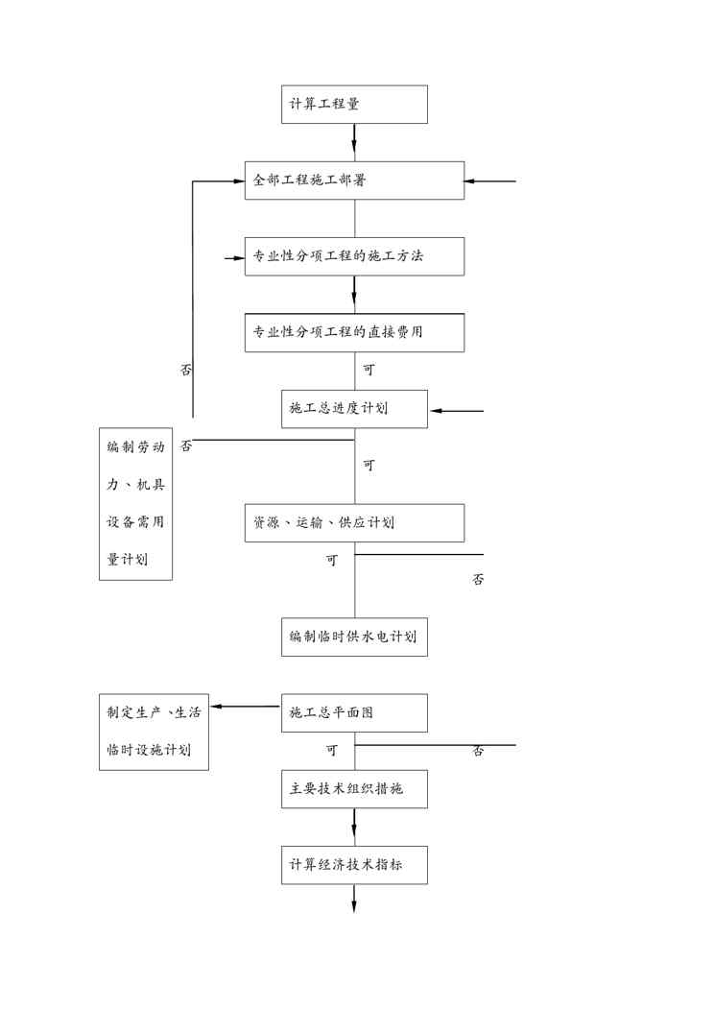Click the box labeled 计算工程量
[354, 104]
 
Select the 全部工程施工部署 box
[354, 180]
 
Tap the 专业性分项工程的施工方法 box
[354, 256]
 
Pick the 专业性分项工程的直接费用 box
[354, 332]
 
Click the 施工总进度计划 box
[354, 408]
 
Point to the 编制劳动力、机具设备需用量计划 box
[135, 503]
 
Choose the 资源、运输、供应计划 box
[354, 522]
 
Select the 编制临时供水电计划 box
[354, 637]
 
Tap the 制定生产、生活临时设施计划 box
[155, 731]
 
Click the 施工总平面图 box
[354, 712]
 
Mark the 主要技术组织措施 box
[354, 789]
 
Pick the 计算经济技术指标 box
[354, 865]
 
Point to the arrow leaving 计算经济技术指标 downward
[354, 899]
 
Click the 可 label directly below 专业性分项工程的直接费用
[369, 370]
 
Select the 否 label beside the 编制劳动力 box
[186, 446]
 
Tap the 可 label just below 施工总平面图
[331, 750]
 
